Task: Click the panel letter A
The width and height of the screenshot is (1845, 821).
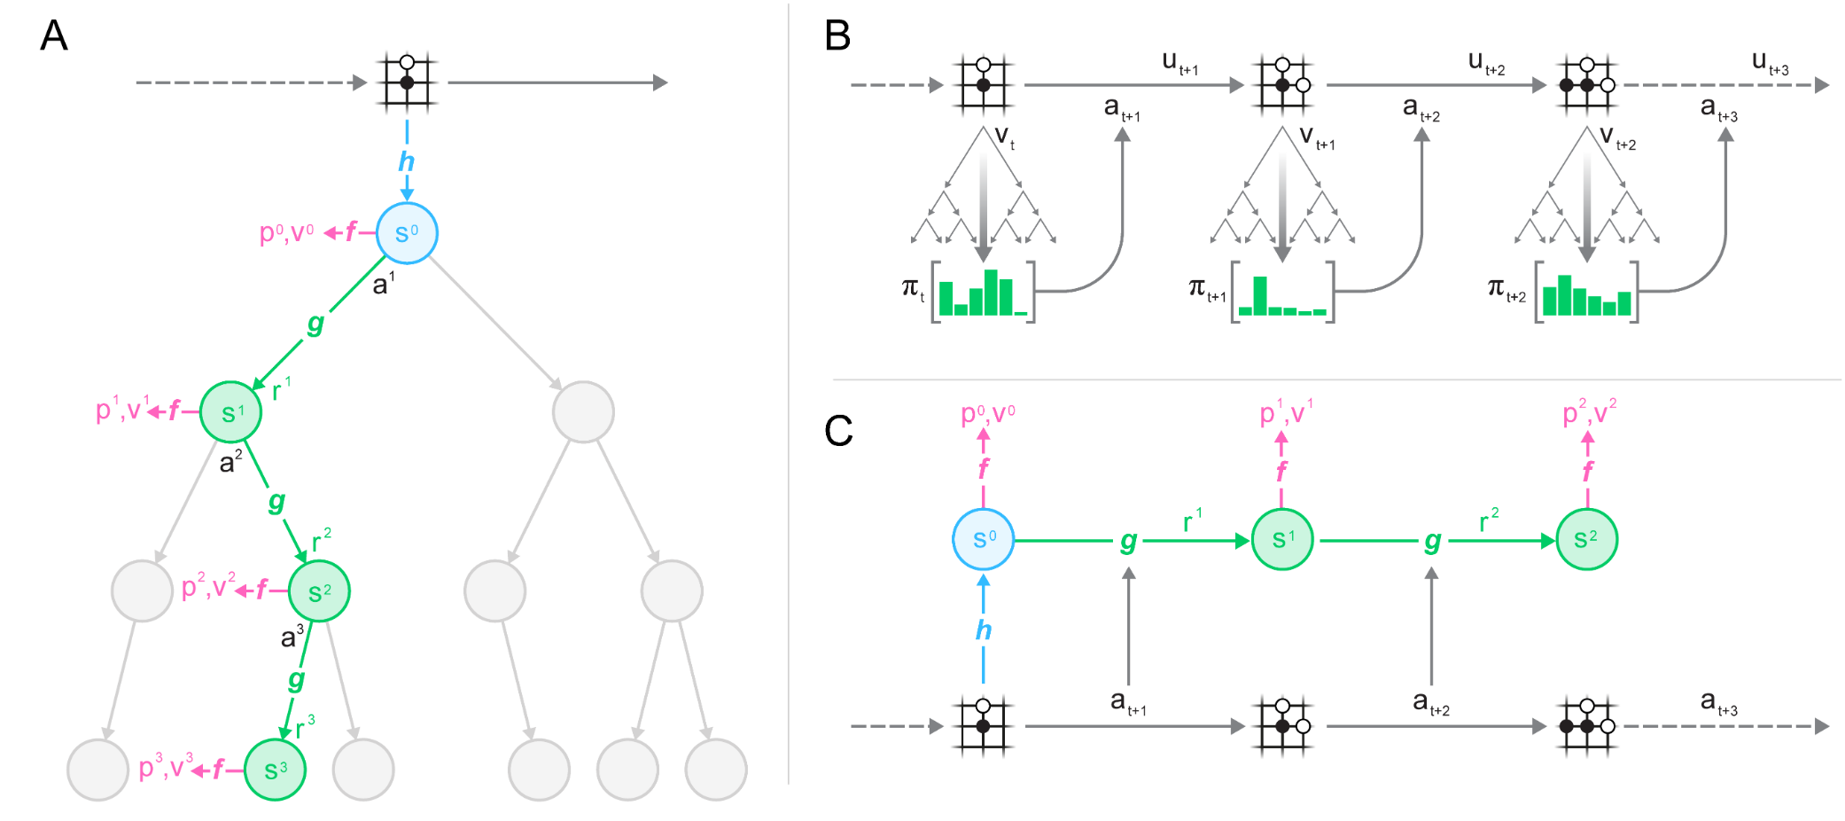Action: point(54,36)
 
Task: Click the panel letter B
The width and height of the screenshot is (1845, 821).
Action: point(837,36)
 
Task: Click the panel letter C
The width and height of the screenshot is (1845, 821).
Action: point(838,432)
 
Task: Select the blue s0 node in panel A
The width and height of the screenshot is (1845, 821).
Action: point(407,233)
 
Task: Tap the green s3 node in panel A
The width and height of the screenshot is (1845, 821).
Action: point(275,770)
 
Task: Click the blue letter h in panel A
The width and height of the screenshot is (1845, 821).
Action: point(406,161)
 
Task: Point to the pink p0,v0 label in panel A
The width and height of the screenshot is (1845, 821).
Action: point(286,232)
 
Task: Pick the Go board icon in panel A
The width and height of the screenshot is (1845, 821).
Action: point(407,82)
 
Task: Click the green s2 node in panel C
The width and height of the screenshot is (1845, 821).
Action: point(1586,539)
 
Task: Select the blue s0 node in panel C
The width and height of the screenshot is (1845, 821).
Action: point(983,539)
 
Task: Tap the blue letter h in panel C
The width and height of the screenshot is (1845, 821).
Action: point(983,630)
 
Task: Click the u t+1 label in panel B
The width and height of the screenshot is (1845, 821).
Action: point(1179,63)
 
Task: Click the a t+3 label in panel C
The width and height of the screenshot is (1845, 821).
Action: point(1718,702)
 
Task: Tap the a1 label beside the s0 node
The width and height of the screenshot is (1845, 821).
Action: point(383,284)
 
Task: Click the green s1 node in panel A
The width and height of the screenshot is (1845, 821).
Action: point(230,412)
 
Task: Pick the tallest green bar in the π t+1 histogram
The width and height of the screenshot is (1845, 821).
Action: point(1259,295)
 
